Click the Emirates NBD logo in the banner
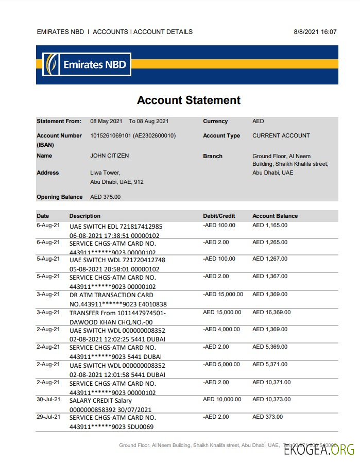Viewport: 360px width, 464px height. (86, 65)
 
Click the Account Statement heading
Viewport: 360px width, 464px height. (188, 100)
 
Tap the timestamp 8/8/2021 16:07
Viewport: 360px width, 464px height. (315, 32)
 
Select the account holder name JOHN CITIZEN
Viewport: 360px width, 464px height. (109, 156)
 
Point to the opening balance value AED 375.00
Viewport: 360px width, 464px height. (105, 197)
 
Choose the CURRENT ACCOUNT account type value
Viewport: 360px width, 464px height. (281, 135)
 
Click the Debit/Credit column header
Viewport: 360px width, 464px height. (219, 216)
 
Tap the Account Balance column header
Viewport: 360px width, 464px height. (275, 216)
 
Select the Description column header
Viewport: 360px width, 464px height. (85, 216)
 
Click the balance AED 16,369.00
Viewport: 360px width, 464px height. (271, 312)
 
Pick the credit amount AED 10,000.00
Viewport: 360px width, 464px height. (222, 399)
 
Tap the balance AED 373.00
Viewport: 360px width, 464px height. (267, 417)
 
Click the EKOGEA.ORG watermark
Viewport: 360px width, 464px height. (319, 449)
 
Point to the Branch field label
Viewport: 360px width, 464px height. (213, 156)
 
